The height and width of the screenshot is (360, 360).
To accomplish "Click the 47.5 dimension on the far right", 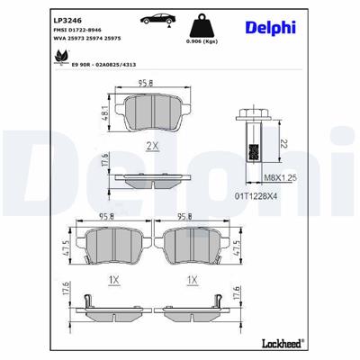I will click(x=237, y=248).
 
